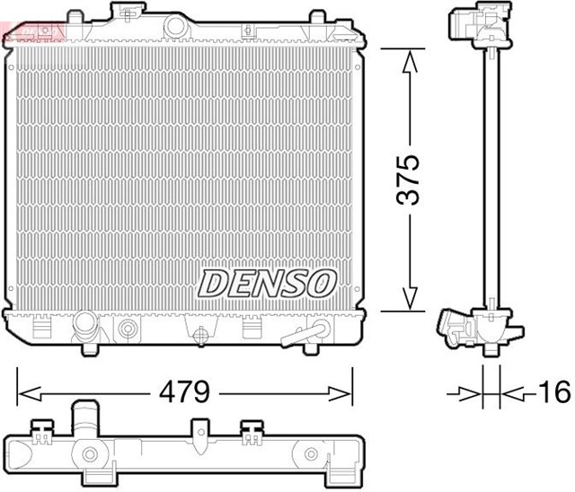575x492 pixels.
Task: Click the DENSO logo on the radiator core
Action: pos(267,283)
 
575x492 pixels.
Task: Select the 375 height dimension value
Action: pos(409,180)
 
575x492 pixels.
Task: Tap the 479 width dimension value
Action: pos(184,392)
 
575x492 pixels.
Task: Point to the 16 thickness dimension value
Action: pos(554,392)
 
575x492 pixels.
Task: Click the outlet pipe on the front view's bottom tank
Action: pos(88,325)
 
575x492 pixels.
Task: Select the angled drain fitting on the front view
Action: pos(301,335)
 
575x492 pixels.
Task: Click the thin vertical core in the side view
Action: pos(490,180)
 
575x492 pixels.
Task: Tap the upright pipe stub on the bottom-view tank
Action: pos(89,419)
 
